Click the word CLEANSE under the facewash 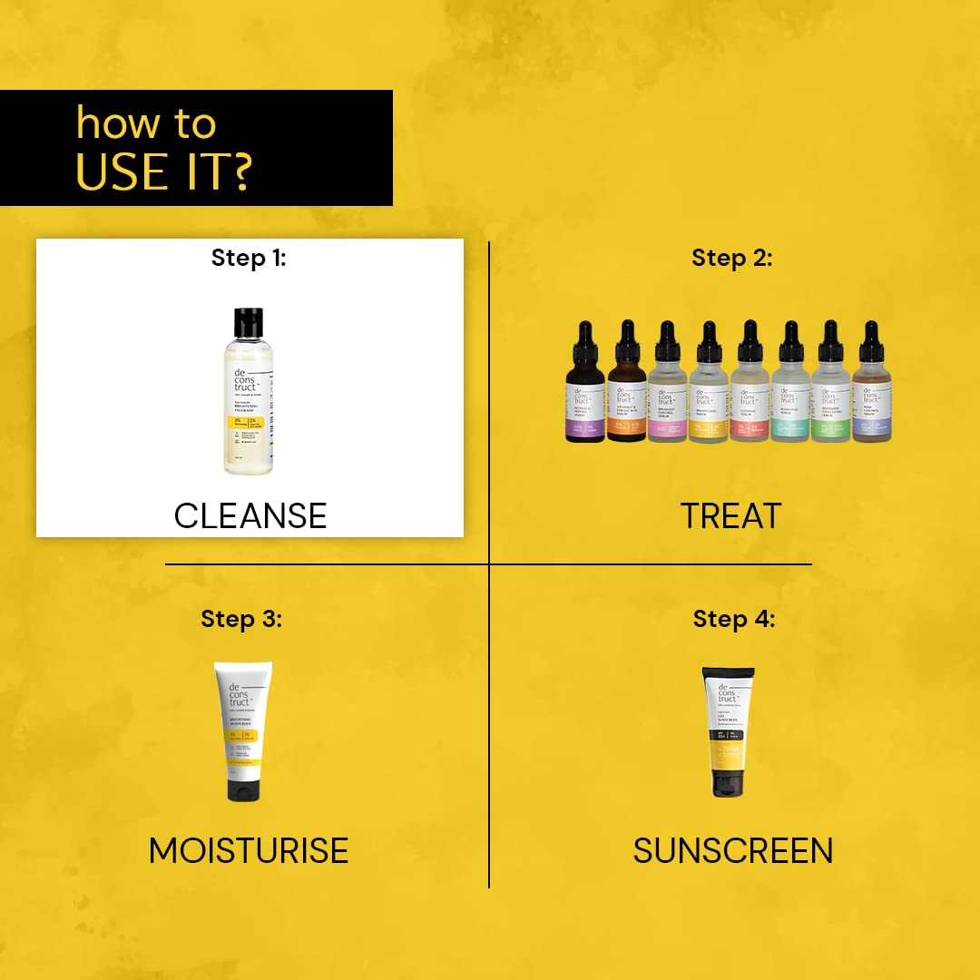point(250,515)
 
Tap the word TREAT point(730,515)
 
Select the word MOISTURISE point(249,850)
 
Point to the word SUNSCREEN point(733,850)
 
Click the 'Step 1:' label point(249,258)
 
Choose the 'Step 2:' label point(731,258)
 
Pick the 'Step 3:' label point(241,619)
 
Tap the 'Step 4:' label point(734,619)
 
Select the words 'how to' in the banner point(146,122)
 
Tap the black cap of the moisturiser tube point(243,788)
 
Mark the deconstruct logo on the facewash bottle point(239,382)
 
